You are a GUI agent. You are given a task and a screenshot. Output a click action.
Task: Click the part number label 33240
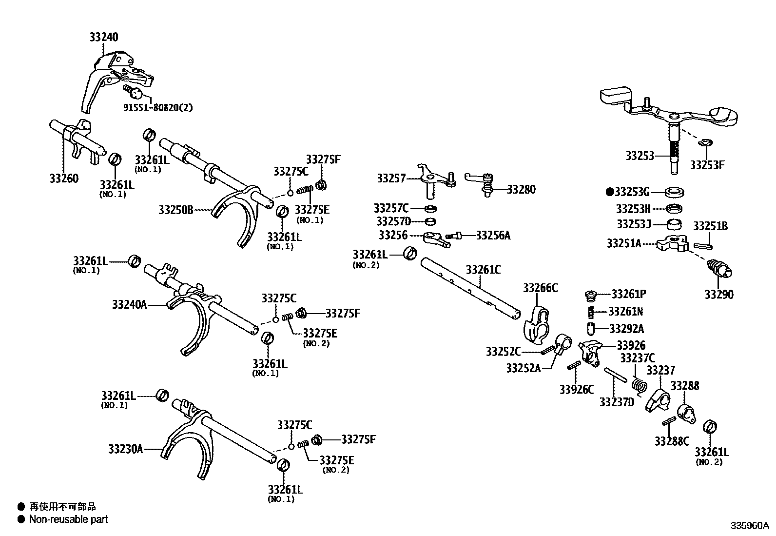[x=103, y=37]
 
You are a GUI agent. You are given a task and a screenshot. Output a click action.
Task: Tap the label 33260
[x=63, y=179]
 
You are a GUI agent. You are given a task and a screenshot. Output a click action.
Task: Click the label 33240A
[x=129, y=305]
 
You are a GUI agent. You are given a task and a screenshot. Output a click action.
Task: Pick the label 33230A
[x=125, y=449]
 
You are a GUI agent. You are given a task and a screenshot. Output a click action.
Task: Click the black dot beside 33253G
[x=609, y=192]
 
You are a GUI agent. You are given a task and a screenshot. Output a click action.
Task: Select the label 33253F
[x=707, y=165]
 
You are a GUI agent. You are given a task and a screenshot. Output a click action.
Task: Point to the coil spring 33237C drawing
[x=639, y=383]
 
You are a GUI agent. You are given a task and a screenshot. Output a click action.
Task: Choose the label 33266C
[x=540, y=288]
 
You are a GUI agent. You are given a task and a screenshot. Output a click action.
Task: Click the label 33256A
[x=493, y=236]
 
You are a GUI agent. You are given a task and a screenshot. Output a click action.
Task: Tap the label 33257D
[x=393, y=222]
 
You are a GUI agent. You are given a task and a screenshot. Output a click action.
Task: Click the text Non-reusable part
[x=68, y=519]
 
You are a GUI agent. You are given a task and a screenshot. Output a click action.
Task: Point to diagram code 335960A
[x=749, y=526]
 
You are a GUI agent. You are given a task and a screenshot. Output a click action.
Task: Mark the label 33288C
[x=672, y=441]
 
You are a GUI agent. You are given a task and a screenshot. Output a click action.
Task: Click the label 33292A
[x=626, y=328]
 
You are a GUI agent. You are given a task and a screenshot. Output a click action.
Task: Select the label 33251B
[x=710, y=226]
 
